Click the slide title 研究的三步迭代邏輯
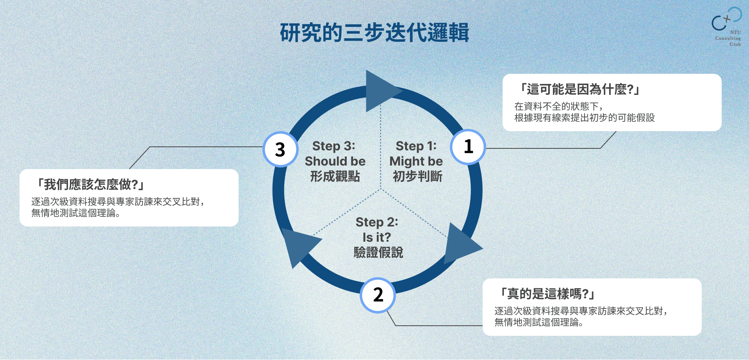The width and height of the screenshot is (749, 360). pyautogui.click(x=374, y=32)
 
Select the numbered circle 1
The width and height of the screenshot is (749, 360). pyautogui.click(x=468, y=147)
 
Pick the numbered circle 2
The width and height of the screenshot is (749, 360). pyautogui.click(x=378, y=295)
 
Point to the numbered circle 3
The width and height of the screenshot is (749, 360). pyautogui.click(x=280, y=150)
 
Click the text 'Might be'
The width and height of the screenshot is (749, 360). pyautogui.click(x=416, y=161)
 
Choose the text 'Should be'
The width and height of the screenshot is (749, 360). pyautogui.click(x=335, y=161)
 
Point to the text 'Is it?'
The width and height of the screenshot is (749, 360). pyautogui.click(x=376, y=237)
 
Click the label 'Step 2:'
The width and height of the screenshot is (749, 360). pyautogui.click(x=377, y=222)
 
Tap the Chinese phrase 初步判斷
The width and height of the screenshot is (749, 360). pyautogui.click(x=417, y=176)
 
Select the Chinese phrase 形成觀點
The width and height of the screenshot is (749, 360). pyautogui.click(x=335, y=176)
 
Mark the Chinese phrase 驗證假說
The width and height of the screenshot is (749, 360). pyautogui.click(x=378, y=253)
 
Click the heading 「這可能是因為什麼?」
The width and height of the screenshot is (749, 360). pyautogui.click(x=580, y=89)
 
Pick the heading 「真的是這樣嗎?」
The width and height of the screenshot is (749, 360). pyautogui.click(x=547, y=294)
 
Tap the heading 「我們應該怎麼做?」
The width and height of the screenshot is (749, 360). pyautogui.click(x=91, y=184)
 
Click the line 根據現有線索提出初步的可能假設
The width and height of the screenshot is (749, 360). pyautogui.click(x=584, y=118)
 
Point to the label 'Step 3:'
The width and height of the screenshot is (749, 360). pyautogui.click(x=334, y=146)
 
